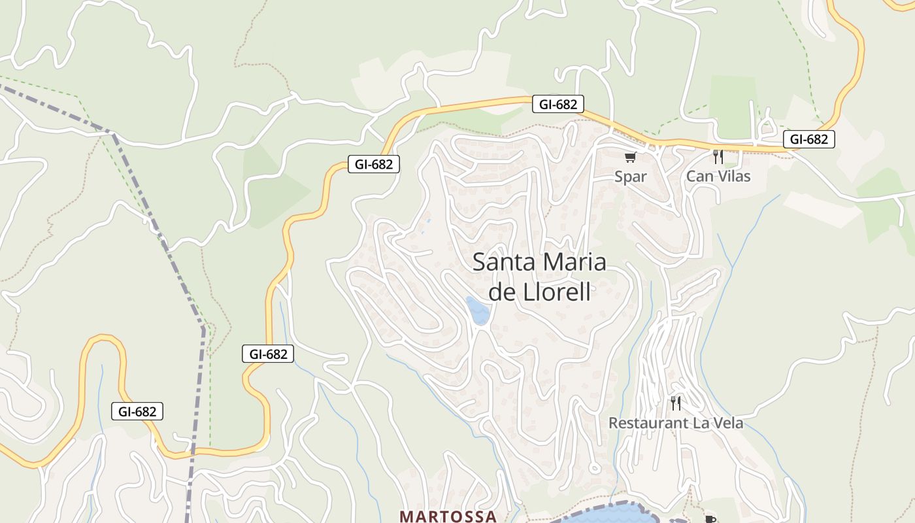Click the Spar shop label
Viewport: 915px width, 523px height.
click(631, 177)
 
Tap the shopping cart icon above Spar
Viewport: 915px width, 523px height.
click(630, 157)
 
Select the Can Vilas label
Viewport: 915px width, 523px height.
click(718, 177)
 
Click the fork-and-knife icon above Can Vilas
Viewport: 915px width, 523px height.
click(718, 157)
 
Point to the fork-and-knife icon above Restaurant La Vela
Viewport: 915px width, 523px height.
click(676, 403)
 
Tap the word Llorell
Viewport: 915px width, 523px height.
click(557, 292)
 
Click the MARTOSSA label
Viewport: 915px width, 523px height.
click(448, 516)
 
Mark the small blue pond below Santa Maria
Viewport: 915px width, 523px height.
click(478, 311)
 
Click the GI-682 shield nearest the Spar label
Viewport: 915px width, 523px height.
click(557, 104)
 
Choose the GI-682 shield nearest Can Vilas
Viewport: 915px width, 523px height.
click(808, 139)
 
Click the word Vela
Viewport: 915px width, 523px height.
click(728, 424)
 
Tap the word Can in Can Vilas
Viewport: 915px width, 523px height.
click(699, 177)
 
